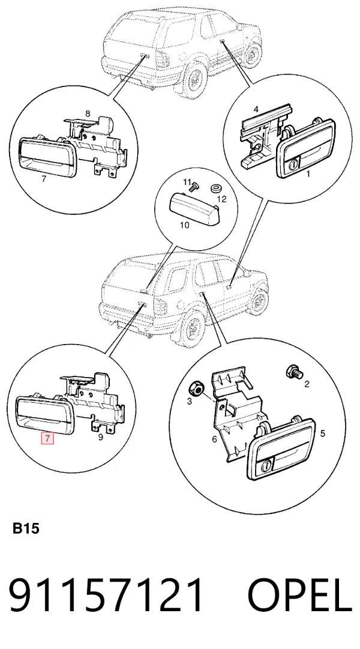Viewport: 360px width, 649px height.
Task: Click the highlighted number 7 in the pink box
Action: (47, 438)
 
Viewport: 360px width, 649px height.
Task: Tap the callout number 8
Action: (88, 113)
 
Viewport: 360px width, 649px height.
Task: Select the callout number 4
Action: (256, 110)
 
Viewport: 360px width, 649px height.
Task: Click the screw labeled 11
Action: (191, 188)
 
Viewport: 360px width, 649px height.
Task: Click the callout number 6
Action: (214, 439)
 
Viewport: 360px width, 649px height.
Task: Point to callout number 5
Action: (323, 433)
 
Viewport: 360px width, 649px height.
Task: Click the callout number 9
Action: (100, 437)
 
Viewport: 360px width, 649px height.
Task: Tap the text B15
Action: (26, 528)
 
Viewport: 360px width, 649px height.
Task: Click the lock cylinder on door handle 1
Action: (292, 165)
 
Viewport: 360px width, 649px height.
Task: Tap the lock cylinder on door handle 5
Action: (268, 465)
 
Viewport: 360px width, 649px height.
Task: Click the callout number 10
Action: (185, 226)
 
